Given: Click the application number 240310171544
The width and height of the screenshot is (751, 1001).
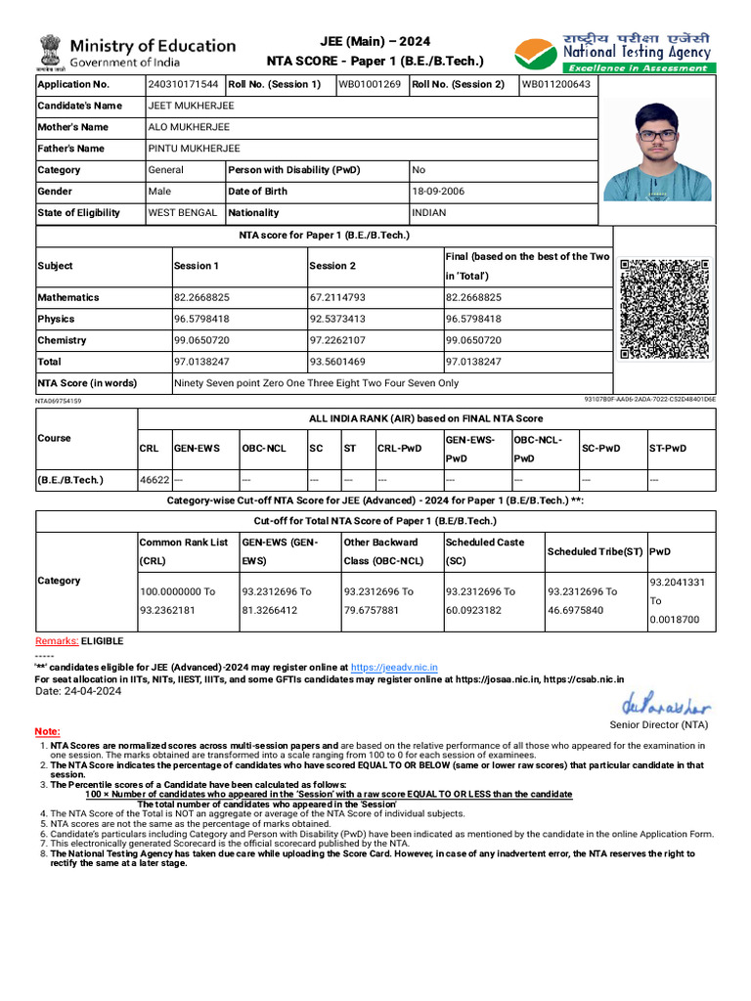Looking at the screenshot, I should click(183, 84).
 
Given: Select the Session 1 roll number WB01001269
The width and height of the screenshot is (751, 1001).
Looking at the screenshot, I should click(369, 84).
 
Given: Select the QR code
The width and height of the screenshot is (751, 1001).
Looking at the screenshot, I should click(665, 309).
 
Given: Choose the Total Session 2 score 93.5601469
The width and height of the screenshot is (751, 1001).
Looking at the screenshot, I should click(337, 362).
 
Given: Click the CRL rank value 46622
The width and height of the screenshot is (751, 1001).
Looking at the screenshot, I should click(155, 480).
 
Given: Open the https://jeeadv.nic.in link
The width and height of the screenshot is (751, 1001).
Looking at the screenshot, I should click(394, 668).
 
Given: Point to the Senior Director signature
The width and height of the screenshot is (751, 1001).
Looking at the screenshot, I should click(666, 706).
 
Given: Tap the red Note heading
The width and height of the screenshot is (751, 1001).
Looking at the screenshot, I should click(47, 731).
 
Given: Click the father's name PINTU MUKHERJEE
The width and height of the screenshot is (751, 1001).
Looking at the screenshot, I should click(194, 149).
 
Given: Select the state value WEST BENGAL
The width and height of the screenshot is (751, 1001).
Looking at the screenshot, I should click(183, 213).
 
